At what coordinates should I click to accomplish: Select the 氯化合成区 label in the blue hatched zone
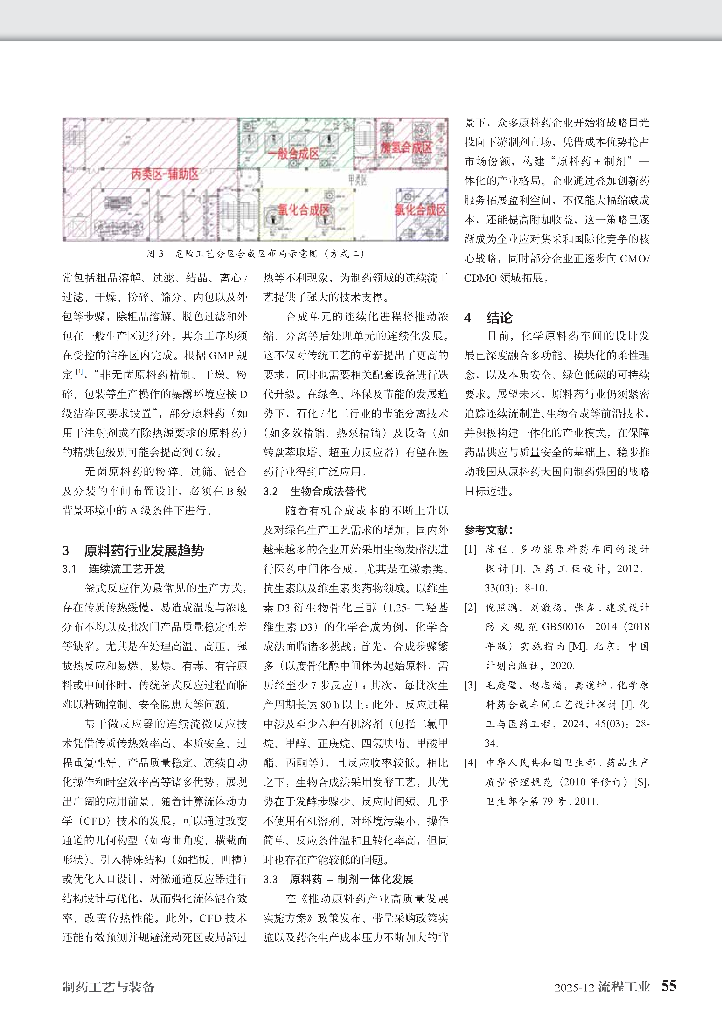click(421, 209)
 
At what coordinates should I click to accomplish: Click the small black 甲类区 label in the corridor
click(357, 180)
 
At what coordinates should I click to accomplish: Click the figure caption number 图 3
click(155, 254)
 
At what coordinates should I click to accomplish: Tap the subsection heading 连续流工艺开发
click(127, 569)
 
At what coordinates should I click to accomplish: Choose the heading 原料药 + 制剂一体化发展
click(351, 879)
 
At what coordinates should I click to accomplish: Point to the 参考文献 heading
click(488, 530)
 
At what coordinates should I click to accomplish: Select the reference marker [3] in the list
click(470, 685)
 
